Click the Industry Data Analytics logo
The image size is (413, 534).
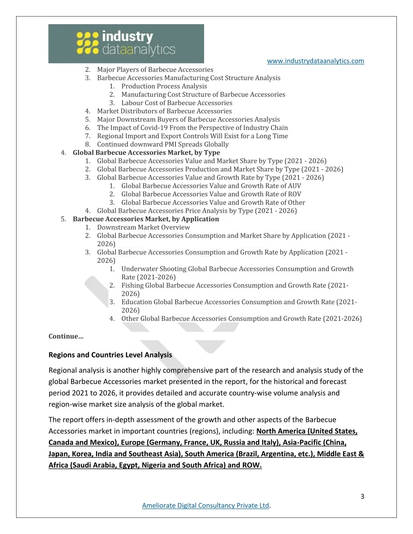126,44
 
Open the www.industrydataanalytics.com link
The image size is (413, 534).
315,61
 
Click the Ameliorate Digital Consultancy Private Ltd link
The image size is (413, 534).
205,505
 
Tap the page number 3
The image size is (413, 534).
362,496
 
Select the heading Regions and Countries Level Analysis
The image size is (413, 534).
110,355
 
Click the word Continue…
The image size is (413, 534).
66,336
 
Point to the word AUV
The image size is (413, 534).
294,186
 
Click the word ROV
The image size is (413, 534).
294,194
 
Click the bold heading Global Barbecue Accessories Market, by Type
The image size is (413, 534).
146,152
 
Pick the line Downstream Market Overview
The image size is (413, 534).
143,227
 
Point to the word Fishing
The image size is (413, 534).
132,285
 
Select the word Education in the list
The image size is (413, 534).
136,302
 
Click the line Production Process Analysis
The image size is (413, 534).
164,86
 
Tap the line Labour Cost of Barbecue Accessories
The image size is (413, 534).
177,103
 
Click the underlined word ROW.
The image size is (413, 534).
252,465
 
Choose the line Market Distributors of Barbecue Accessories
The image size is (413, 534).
164,111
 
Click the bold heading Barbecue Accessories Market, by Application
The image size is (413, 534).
146,219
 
